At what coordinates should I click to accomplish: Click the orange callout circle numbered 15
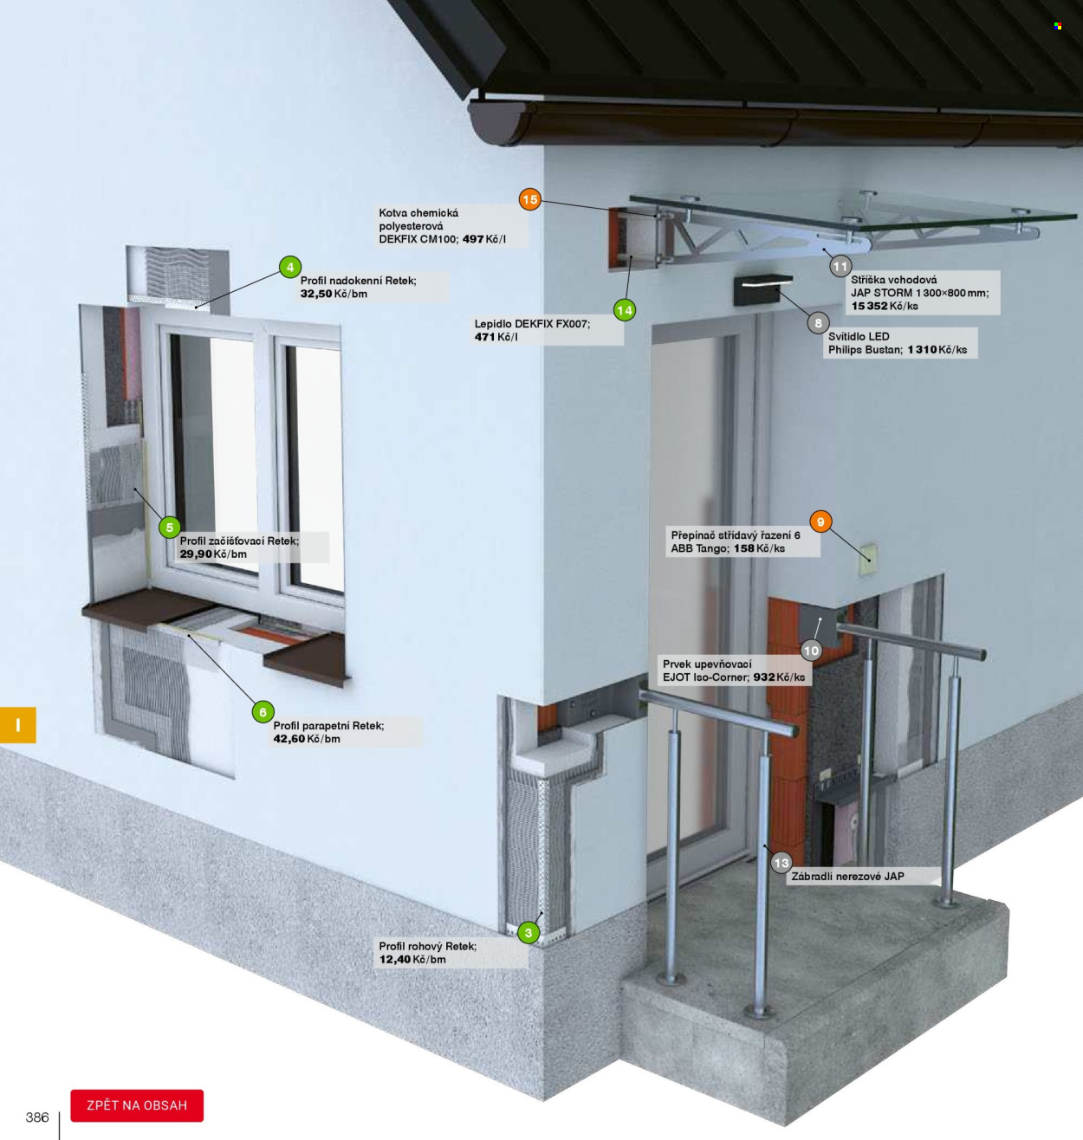529,199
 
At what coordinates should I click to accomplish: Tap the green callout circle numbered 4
290,268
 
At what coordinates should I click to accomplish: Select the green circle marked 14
625,310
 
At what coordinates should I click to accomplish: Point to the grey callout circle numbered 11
840,267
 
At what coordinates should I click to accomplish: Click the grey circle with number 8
819,323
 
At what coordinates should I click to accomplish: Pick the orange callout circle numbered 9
820,521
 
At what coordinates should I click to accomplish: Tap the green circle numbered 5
170,528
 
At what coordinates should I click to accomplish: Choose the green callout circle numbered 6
263,712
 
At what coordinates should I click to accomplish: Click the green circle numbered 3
529,933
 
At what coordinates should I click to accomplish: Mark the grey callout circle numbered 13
781,863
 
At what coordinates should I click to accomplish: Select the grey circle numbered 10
811,651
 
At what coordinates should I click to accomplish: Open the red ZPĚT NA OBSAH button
137,1105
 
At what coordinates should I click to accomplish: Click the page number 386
37,1117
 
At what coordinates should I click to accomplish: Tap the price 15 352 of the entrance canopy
869,306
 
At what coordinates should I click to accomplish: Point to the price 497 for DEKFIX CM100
473,239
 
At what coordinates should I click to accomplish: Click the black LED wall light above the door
762,290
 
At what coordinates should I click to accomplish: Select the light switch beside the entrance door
868,560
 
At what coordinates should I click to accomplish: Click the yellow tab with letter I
18,725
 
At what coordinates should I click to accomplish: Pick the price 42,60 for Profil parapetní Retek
289,739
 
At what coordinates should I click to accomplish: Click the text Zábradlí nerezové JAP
847,876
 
